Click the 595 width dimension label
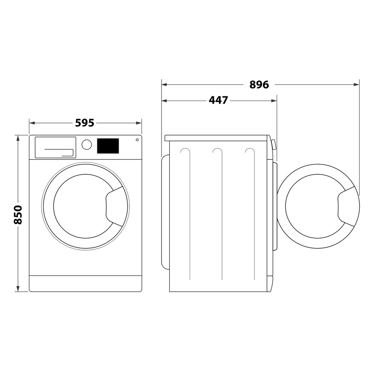click(x=85, y=123)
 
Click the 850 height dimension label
click(x=18, y=214)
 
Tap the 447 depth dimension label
click(x=218, y=100)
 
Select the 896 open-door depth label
click(x=259, y=85)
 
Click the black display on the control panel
click(x=108, y=146)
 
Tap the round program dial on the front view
click(x=87, y=145)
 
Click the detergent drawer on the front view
click(x=55, y=147)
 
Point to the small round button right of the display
click(x=137, y=140)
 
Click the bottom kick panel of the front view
click(x=85, y=283)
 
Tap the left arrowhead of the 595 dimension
click(x=32, y=123)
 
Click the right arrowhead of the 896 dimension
click(x=357, y=85)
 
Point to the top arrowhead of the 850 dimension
click(x=18, y=138)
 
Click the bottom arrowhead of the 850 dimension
click(x=18, y=289)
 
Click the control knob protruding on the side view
click(x=274, y=144)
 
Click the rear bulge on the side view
click(x=165, y=212)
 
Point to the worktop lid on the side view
click(x=216, y=138)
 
